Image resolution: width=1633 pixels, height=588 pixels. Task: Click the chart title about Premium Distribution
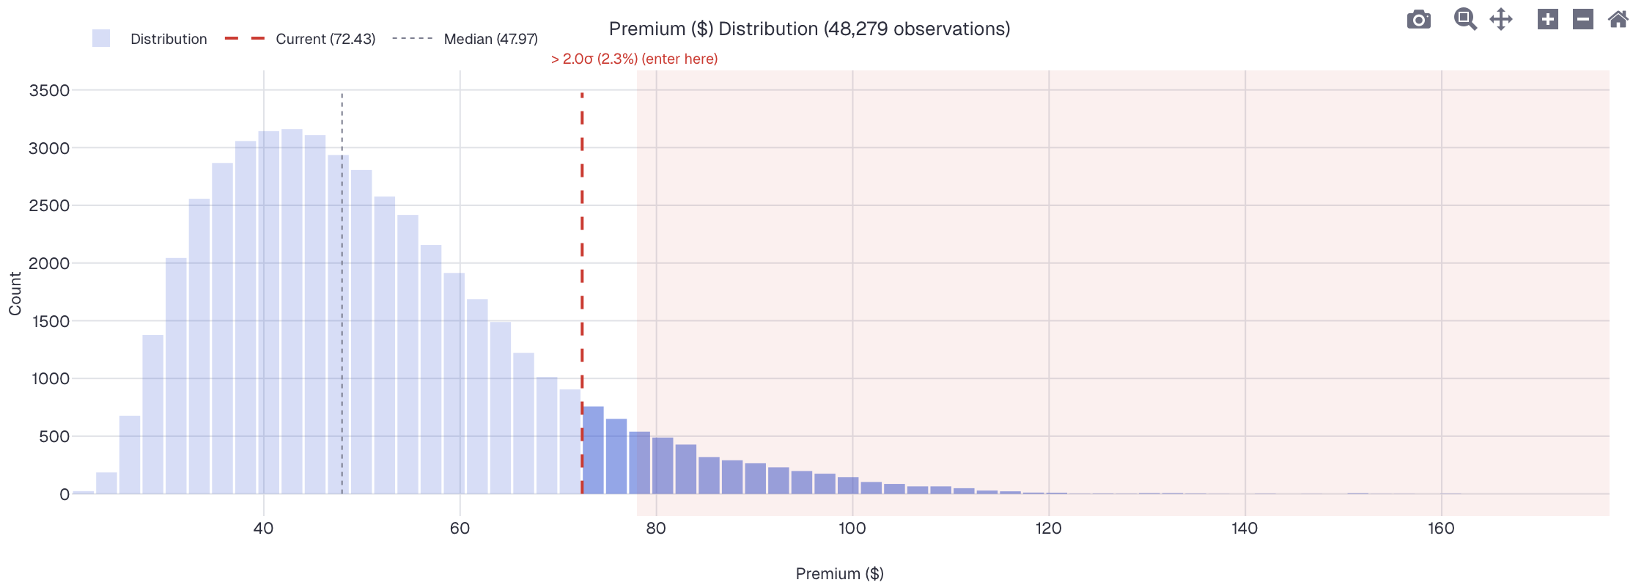pyautogui.click(x=809, y=29)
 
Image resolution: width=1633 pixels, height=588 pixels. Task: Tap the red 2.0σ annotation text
pyautogui.click(x=634, y=59)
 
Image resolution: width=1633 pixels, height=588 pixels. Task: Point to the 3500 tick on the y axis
pyautogui.click(x=49, y=90)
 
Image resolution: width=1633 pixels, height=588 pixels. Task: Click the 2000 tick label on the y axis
pyautogui.click(x=49, y=263)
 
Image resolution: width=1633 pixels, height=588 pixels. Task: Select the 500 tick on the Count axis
pyautogui.click(x=54, y=436)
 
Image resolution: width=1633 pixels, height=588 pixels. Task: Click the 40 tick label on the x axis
pyautogui.click(x=263, y=528)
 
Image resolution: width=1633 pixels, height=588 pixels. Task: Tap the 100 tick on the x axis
pyautogui.click(x=852, y=528)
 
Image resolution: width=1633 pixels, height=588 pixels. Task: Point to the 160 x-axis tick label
pyautogui.click(x=1440, y=528)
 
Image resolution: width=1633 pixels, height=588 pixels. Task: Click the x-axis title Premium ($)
pyautogui.click(x=839, y=573)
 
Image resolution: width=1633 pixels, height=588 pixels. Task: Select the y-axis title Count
pyautogui.click(x=15, y=293)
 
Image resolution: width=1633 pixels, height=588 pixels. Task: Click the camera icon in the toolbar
pyautogui.click(x=1418, y=20)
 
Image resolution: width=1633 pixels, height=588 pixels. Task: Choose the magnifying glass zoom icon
pyautogui.click(x=1464, y=19)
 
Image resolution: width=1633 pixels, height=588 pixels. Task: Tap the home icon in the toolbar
pyautogui.click(x=1618, y=19)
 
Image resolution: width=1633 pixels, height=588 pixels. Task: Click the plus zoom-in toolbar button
pyautogui.click(x=1547, y=19)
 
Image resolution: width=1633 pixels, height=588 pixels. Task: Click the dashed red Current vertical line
pyautogui.click(x=582, y=257)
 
